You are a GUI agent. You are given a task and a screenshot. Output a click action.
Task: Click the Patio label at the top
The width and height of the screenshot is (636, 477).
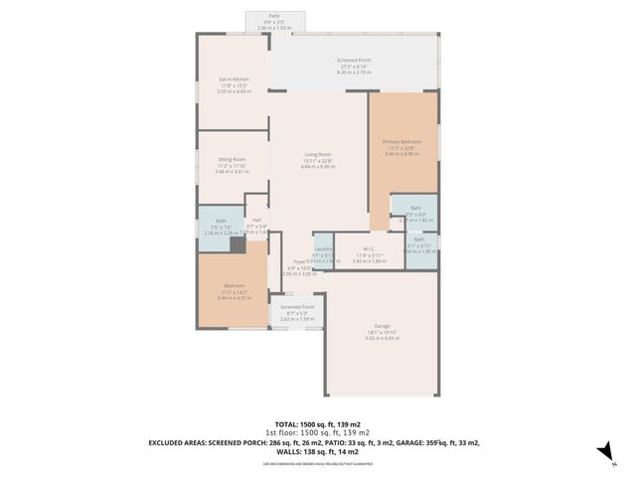[274, 16]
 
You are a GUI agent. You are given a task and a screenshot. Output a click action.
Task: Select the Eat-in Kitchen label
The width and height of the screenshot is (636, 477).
[235, 80]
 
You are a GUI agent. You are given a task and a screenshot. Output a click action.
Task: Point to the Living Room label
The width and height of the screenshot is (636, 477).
[318, 154]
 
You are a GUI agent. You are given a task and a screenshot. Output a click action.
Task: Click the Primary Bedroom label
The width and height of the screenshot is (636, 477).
[402, 142]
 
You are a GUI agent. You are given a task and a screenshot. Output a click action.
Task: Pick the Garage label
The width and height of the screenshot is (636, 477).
[382, 325]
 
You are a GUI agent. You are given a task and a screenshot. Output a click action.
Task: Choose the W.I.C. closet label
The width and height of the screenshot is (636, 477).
[369, 248]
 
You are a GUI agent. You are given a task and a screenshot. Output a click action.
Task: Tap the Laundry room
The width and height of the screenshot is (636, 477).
[322, 248]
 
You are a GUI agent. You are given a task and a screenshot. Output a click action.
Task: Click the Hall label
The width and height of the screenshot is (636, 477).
[256, 220]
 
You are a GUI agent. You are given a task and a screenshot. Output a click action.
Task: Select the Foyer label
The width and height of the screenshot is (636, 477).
[298, 260]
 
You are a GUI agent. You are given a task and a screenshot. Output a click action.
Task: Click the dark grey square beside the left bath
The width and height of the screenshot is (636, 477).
[238, 244]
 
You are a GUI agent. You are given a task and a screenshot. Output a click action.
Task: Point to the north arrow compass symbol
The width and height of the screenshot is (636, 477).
[603, 452]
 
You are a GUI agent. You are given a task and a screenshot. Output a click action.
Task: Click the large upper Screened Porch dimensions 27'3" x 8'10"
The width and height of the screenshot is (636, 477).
[353, 67]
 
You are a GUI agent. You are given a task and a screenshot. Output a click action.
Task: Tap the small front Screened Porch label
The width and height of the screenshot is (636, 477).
[297, 307]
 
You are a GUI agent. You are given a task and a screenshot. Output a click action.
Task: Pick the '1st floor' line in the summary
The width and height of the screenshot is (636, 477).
[318, 433]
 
